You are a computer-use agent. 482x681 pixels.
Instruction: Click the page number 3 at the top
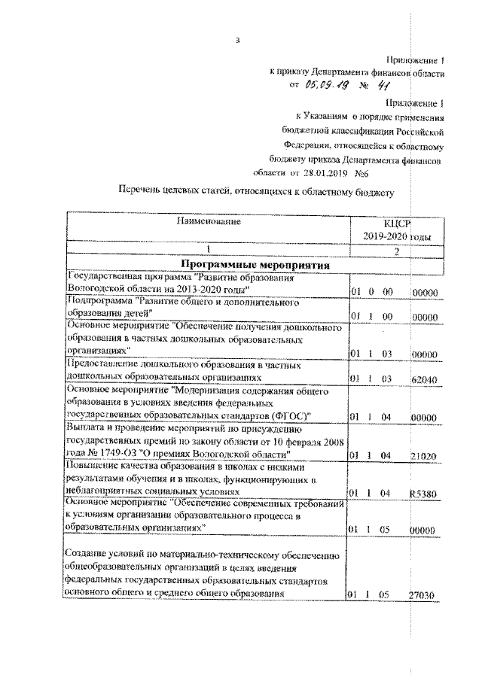(x=237, y=40)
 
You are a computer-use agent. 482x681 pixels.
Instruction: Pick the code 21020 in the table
(x=425, y=455)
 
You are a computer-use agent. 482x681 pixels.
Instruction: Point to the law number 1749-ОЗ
(x=120, y=455)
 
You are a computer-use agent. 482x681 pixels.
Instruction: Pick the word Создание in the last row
(x=87, y=556)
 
